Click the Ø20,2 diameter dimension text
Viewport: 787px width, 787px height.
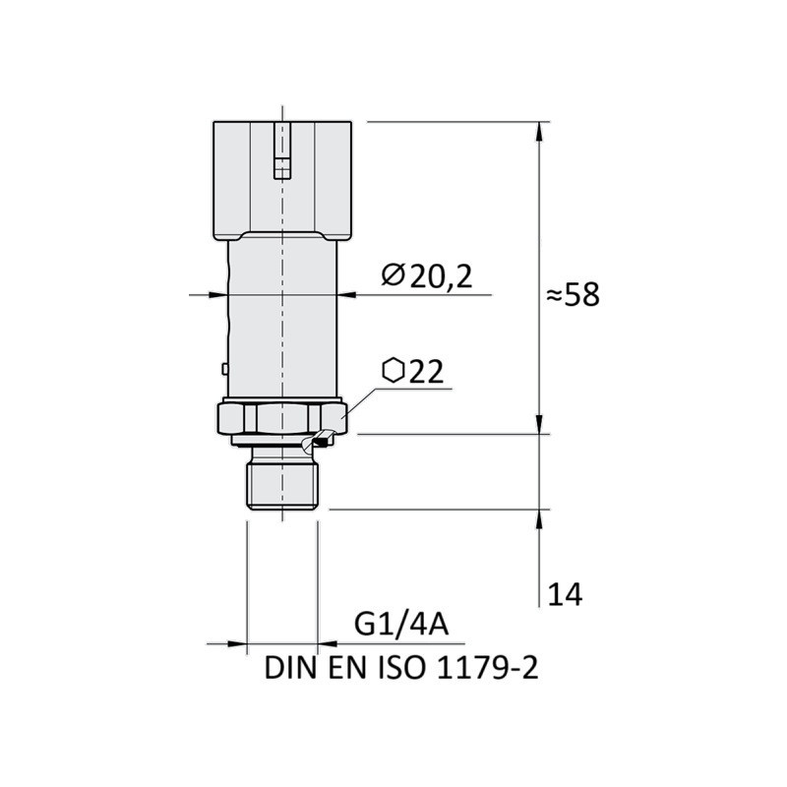click(426, 276)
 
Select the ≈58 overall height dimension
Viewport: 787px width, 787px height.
click(571, 294)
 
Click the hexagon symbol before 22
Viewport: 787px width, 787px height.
click(393, 371)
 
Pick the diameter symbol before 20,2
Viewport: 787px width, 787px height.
click(392, 276)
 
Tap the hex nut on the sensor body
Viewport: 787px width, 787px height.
click(280, 418)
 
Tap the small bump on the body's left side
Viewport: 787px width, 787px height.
click(225, 369)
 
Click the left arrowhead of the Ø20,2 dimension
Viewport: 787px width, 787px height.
click(219, 293)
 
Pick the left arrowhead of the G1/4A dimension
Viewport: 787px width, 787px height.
click(238, 643)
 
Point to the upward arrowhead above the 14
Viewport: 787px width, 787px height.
click(539, 518)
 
